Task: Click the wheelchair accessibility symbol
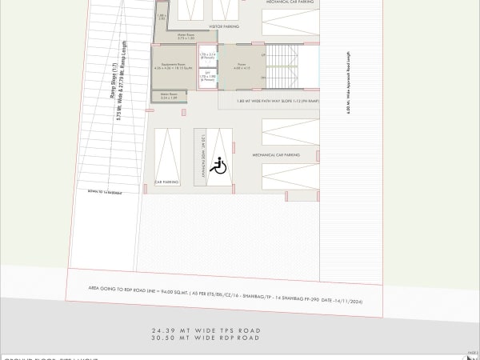point(220,166)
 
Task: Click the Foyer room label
point(241,65)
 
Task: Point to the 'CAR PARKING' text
point(167,182)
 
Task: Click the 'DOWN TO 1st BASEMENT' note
point(103,192)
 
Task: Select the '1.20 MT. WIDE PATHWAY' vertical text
point(204,160)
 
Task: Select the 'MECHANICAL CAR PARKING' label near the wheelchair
point(275,154)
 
